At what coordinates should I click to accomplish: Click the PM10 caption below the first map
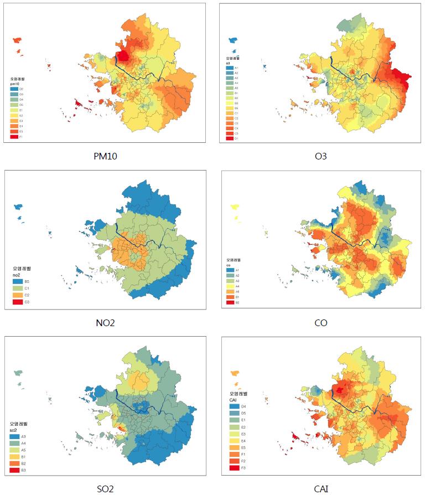(x=105, y=156)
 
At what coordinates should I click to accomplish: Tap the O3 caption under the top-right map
(x=320, y=156)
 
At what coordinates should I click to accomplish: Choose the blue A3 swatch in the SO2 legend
(x=14, y=437)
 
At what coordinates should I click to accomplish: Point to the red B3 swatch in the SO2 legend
(x=14, y=470)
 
